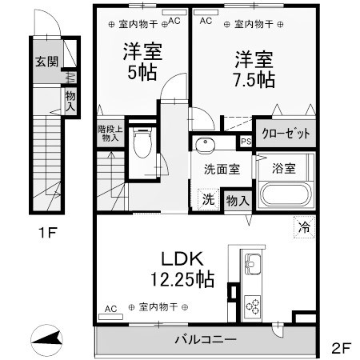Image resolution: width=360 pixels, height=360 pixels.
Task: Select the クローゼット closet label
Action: pyautogui.click(x=283, y=134)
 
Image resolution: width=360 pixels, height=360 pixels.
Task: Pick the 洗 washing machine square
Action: pyautogui.click(x=207, y=199)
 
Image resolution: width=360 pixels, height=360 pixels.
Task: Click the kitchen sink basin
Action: pyautogui.click(x=254, y=264)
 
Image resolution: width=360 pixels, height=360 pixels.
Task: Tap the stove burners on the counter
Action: pyautogui.click(x=254, y=305)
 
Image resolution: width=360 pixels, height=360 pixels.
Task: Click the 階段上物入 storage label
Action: pyautogui.click(x=109, y=133)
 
